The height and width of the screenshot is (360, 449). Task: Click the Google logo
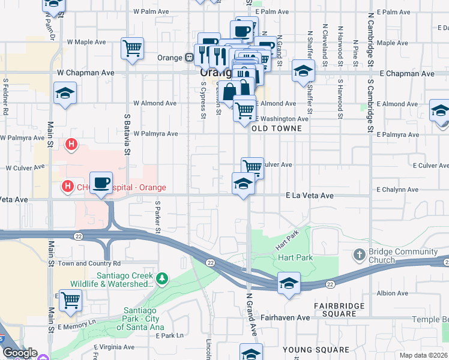pos(19,353)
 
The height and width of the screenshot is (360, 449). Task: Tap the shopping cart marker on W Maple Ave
pos(132,48)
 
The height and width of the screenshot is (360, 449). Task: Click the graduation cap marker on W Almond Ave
pos(65,94)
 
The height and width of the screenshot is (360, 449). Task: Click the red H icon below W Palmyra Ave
pos(71,145)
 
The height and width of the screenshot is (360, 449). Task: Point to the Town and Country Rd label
pos(89,263)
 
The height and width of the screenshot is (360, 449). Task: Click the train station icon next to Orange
pos(188,58)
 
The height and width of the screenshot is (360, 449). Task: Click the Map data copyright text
pos(424,355)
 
